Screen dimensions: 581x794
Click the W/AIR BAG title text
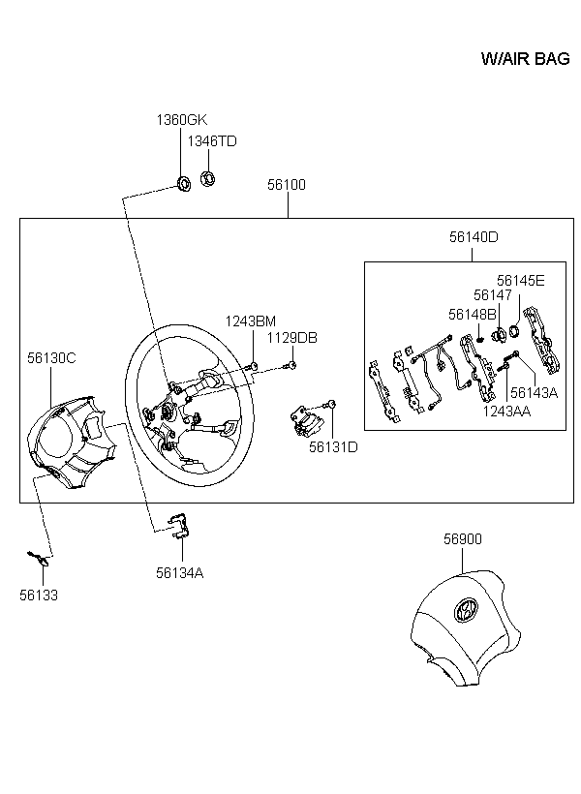pyautogui.click(x=525, y=59)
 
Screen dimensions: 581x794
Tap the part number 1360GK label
pyautogui.click(x=182, y=120)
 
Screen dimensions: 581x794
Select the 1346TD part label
pyautogui.click(x=212, y=141)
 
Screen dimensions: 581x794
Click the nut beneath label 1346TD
pyautogui.click(x=207, y=178)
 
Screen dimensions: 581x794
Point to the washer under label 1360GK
pyautogui.click(x=183, y=183)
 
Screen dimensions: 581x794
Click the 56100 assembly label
pyautogui.click(x=287, y=185)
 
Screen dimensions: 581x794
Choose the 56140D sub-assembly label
pyautogui.click(x=474, y=237)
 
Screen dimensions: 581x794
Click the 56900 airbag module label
pyautogui.click(x=463, y=539)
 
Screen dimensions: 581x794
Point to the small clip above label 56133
pyautogui.click(x=39, y=558)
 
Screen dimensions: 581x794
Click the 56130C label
pyautogui.click(x=51, y=358)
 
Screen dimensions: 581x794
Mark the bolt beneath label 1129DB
pyautogui.click(x=290, y=365)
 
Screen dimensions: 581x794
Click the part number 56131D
pyautogui.click(x=333, y=447)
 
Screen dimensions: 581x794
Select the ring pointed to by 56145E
pyautogui.click(x=513, y=331)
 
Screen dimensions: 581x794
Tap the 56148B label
pyautogui.click(x=473, y=315)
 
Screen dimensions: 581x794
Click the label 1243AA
pyautogui.click(x=506, y=412)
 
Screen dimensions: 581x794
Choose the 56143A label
pyautogui.click(x=534, y=393)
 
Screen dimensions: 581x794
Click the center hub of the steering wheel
pyautogui.click(x=167, y=412)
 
